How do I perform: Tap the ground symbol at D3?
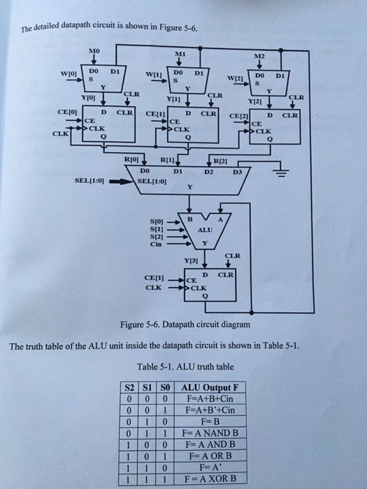click(x=282, y=175)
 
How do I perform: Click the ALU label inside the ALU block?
click(x=204, y=228)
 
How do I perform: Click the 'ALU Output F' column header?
click(x=210, y=386)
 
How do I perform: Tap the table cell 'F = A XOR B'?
click(x=210, y=479)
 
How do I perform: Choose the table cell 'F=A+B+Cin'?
click(x=210, y=397)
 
